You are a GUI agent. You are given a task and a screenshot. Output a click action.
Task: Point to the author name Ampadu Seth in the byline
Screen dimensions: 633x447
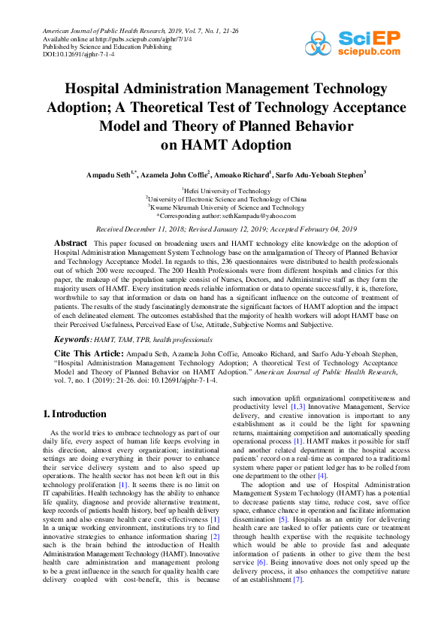tap(110, 174)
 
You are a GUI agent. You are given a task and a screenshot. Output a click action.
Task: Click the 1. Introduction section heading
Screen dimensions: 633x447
tap(74, 413)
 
